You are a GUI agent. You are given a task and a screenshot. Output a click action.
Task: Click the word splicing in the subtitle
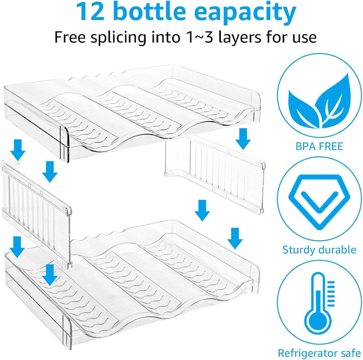click(x=118, y=37)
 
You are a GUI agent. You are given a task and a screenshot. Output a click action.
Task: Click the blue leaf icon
click(x=319, y=101)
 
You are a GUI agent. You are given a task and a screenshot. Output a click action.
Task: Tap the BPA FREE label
click(x=319, y=147)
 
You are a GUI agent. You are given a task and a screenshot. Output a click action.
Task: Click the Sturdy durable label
click(x=319, y=250)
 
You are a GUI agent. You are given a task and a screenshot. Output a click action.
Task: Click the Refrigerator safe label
click(x=319, y=353)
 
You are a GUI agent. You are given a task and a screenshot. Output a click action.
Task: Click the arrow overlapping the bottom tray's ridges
click(x=50, y=275)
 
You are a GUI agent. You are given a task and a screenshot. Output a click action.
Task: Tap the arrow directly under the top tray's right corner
click(x=243, y=139)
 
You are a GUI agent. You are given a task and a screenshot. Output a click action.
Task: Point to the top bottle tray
click(x=132, y=113)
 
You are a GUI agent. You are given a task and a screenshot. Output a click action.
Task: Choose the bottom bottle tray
click(x=132, y=284)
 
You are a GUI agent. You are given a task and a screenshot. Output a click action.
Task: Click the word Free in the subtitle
click(x=70, y=37)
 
